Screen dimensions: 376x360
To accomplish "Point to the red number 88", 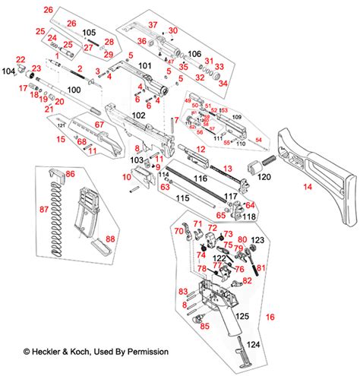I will tap(110, 239).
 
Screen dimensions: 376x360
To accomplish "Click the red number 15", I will tap(60, 140).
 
